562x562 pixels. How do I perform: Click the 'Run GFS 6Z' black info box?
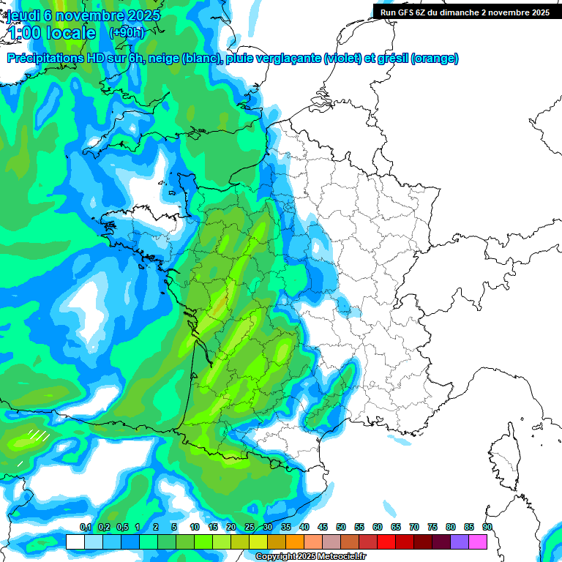tap(466, 12)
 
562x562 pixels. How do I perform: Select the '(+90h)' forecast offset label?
tap(127, 33)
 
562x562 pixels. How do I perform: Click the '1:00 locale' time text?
tap(51, 33)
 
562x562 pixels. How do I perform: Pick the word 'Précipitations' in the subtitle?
tap(45, 59)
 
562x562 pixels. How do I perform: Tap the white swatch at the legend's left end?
tap(75, 542)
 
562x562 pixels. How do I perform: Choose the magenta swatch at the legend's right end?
tap(478, 542)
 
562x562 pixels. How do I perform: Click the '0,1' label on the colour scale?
tap(85, 528)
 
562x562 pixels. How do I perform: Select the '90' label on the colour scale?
tap(487, 528)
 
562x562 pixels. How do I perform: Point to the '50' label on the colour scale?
tap(341, 528)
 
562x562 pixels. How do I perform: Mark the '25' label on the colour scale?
tap(250, 528)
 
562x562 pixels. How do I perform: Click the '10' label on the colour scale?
tap(195, 528)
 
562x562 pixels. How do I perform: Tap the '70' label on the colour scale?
tap(414, 528)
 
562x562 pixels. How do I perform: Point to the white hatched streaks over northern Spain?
tap(39, 437)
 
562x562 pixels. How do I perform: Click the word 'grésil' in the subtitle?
tap(392, 59)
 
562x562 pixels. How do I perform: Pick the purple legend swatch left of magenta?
tap(460, 542)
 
